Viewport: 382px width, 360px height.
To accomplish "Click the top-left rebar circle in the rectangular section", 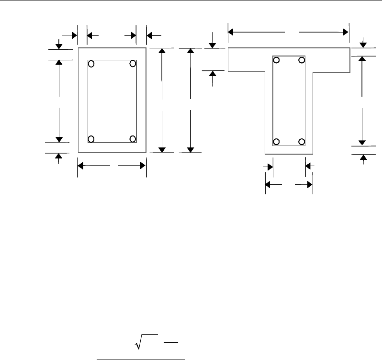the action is [91, 64].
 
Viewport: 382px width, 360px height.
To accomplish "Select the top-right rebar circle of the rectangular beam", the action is [133, 64].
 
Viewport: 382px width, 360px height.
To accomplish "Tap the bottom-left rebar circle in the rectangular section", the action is [91, 139].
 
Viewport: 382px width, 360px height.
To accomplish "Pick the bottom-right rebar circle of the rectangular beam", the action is [133, 139].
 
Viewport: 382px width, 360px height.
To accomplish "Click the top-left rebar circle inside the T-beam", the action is [276, 60].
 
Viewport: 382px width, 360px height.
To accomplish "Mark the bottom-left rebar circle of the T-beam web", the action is [276, 141].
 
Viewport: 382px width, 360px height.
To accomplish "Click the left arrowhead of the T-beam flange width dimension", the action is [230, 32].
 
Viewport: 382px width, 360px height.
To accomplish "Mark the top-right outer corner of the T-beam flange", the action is [348, 48].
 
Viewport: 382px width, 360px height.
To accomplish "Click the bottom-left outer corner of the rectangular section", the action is [78, 153].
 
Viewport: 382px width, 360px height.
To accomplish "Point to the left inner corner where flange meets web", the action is [265, 72].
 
